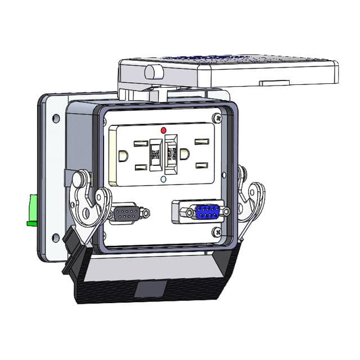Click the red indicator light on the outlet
(164, 130)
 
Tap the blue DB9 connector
(207, 212)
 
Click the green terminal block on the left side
(32, 210)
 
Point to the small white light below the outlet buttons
(163, 179)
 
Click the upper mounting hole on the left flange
(56, 119)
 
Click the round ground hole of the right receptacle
(185, 154)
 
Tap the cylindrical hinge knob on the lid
(154, 71)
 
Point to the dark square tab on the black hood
(151, 290)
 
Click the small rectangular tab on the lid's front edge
(274, 82)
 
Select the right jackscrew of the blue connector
(226, 211)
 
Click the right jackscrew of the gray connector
(146, 213)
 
